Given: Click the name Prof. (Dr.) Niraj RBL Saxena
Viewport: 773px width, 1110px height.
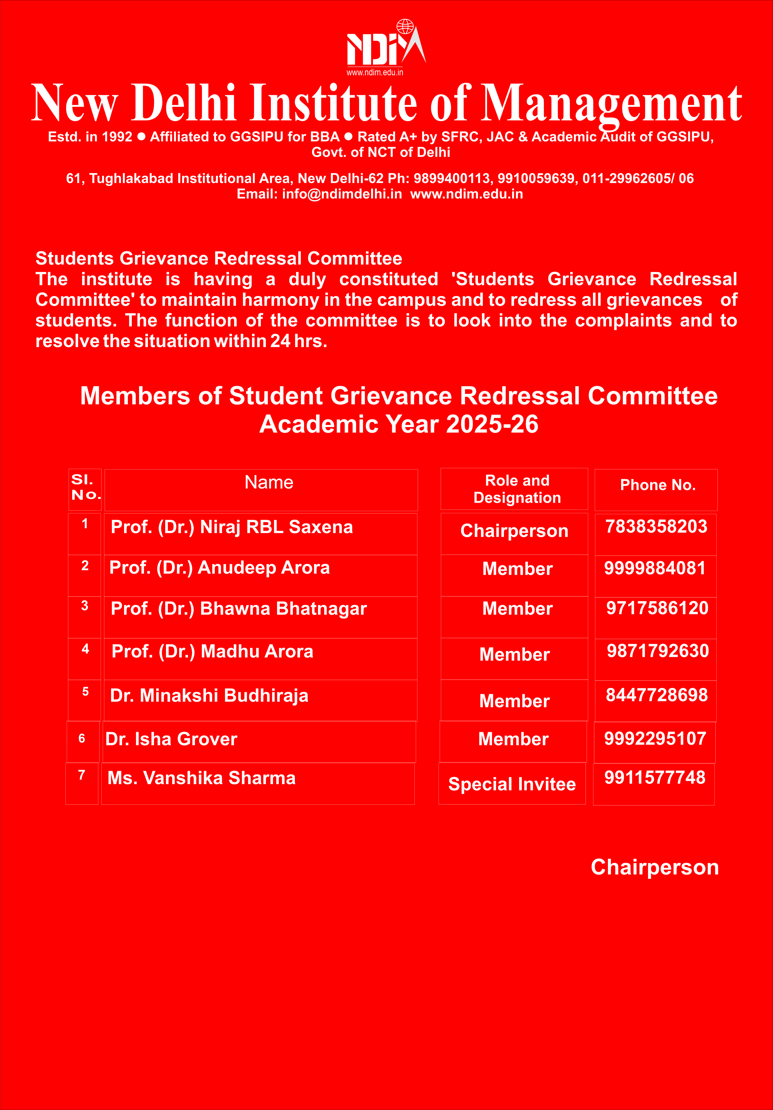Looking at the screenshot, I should [x=232, y=527].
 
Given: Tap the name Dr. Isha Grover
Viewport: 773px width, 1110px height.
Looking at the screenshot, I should [x=171, y=739].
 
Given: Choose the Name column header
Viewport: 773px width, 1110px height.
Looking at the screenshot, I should [x=269, y=482].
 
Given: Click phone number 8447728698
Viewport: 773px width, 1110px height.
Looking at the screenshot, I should [x=657, y=695].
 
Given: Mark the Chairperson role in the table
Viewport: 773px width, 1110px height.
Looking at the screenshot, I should [x=514, y=531].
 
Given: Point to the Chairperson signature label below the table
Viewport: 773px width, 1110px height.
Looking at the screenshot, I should [x=654, y=867].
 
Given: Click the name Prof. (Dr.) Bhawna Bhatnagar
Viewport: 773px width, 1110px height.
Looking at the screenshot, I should [x=239, y=609].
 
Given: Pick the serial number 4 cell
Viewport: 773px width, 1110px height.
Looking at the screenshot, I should [x=85, y=649].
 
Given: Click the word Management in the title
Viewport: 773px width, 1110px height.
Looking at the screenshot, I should [x=611, y=103].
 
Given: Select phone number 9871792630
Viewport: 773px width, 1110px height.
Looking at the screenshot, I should [x=657, y=651].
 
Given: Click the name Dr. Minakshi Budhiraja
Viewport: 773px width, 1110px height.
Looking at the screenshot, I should [x=209, y=696].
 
